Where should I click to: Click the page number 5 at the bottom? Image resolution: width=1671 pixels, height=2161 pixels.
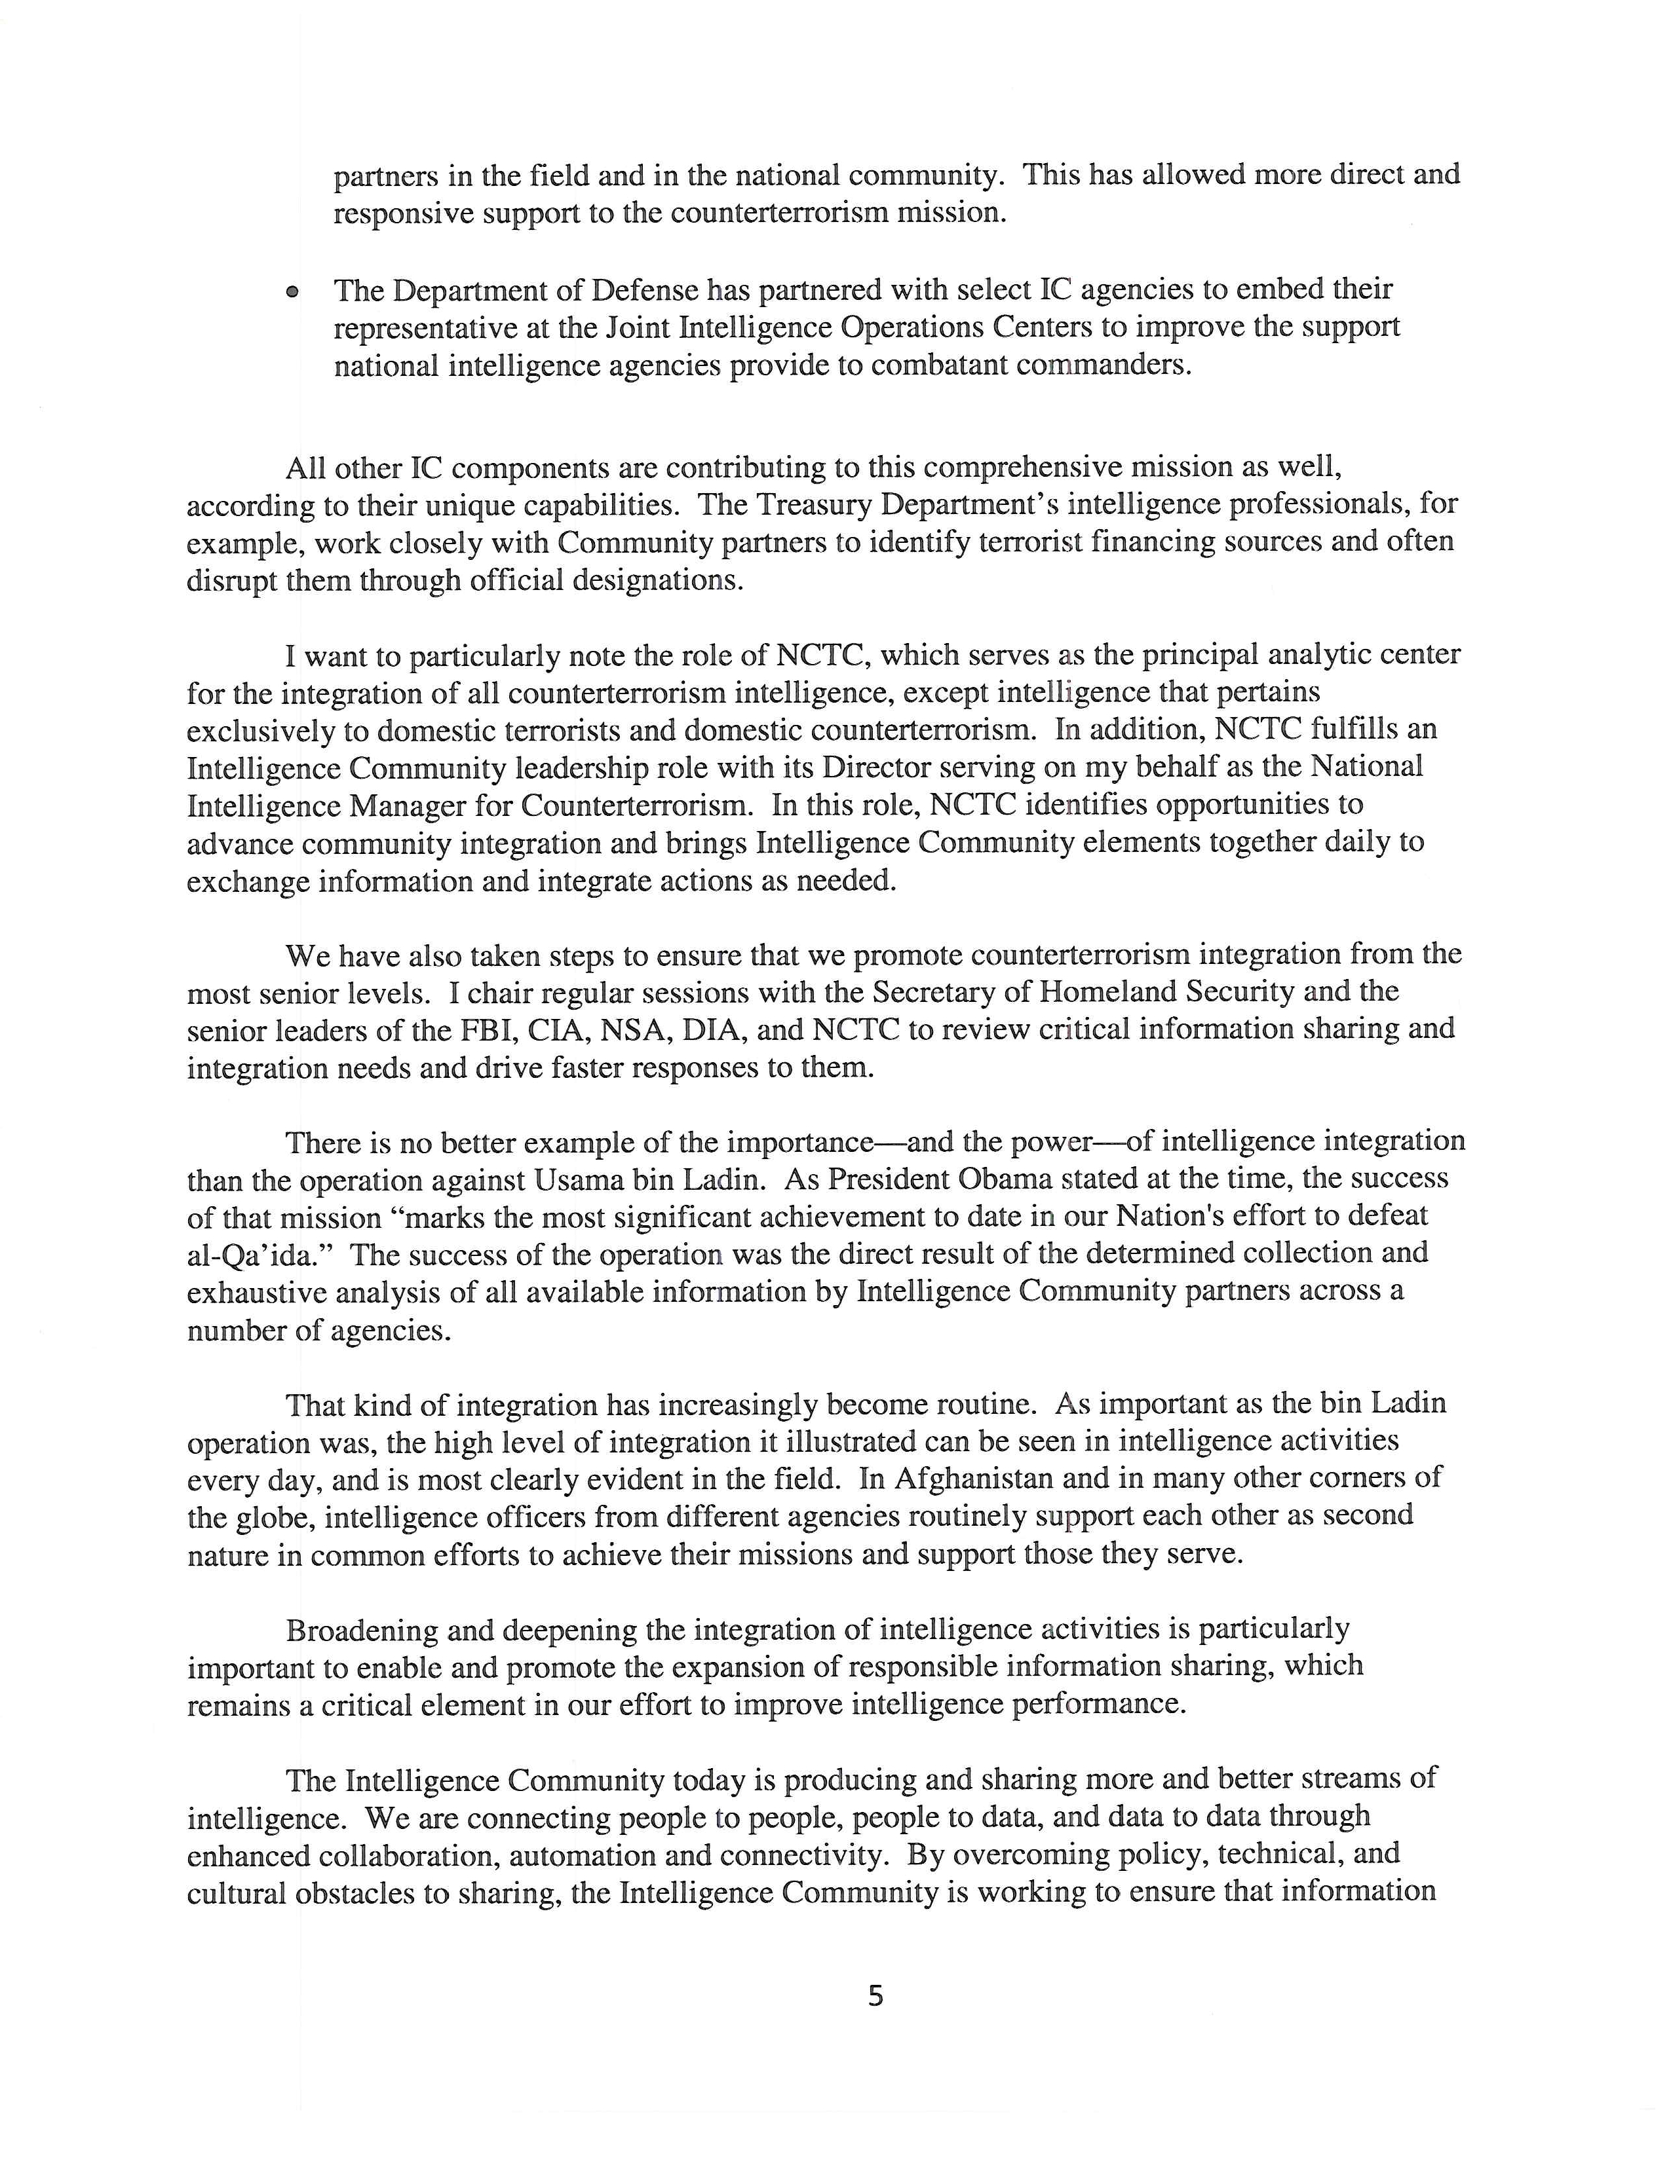[875, 1997]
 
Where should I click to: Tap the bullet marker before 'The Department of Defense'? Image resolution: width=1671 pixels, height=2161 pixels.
[291, 292]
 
